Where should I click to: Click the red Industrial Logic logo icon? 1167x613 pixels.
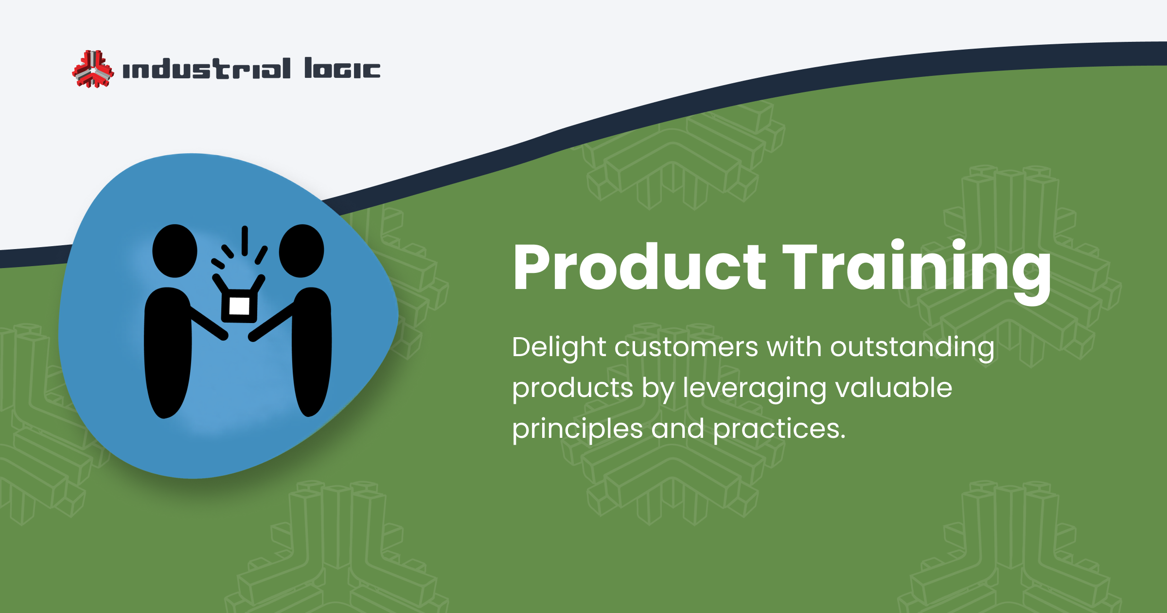93,69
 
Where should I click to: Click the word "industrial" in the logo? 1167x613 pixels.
207,69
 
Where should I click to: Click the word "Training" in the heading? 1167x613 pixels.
917,267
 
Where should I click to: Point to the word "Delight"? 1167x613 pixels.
559,347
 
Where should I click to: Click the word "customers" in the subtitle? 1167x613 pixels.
686,347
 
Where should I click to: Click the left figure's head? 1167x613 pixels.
175,251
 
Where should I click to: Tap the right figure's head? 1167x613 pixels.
301,251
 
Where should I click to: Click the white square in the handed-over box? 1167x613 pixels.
239,306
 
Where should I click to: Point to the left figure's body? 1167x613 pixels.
168,355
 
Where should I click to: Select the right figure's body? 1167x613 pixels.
312,355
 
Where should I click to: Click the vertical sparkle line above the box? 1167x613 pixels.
245,240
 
